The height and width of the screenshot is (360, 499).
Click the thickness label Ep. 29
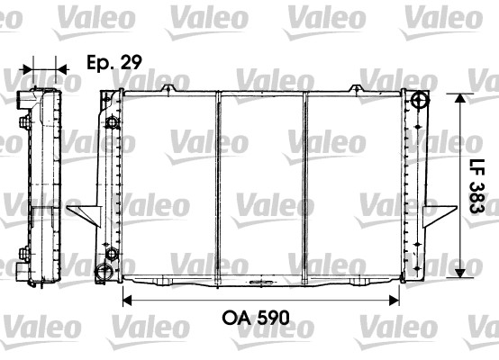114,62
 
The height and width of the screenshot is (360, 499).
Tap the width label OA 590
256,318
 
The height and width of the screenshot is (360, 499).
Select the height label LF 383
476,186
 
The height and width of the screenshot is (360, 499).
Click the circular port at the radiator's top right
420,100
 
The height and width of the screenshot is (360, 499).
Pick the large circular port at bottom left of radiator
104,272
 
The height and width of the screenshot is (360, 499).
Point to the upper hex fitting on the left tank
112,122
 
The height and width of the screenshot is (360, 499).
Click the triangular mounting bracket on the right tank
440,216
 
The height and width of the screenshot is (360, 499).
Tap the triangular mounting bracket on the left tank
84,216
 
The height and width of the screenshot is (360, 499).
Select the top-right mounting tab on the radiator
357,88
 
